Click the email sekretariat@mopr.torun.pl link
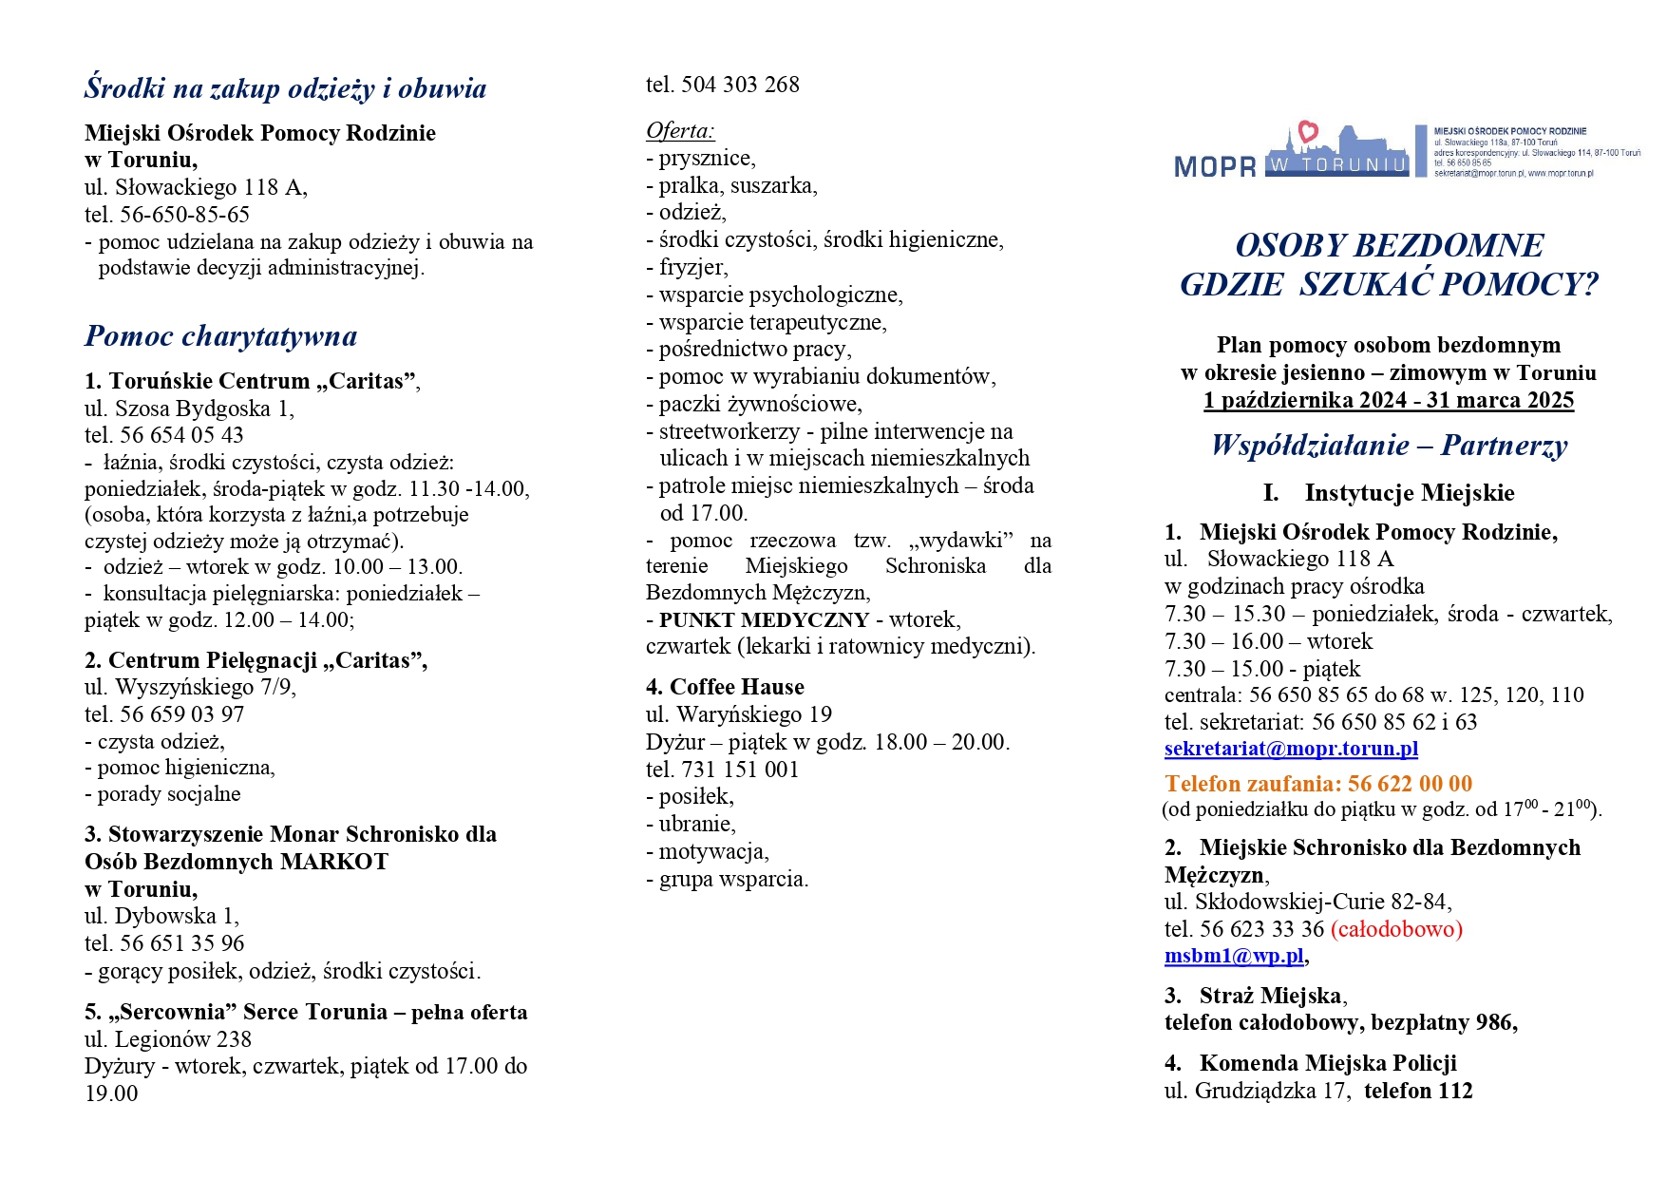point(1291,749)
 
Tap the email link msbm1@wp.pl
point(1234,956)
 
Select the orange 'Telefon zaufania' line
point(1317,784)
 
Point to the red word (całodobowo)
point(1396,929)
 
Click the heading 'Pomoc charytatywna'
point(220,336)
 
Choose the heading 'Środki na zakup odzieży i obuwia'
point(285,88)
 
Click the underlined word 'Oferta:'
point(679,130)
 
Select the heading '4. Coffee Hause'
point(724,687)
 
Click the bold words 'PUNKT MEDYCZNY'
point(764,620)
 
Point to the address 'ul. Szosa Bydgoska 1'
point(189,409)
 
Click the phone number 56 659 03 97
point(181,714)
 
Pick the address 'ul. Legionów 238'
point(168,1039)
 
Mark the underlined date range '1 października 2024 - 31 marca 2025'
point(1388,401)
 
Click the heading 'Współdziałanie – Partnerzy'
point(1388,446)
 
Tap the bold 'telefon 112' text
point(1417,1091)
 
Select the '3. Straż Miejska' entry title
point(1255,996)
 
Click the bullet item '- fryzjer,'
point(688,268)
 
